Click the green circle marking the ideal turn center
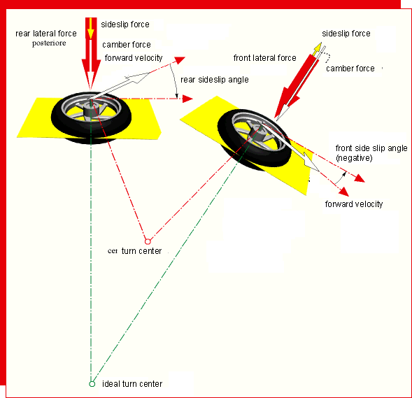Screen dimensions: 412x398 coord(92,384)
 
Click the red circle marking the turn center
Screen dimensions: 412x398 coord(148,241)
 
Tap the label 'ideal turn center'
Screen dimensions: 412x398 coord(132,384)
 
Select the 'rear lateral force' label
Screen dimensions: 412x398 coord(46,34)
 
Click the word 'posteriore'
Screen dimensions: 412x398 coord(49,43)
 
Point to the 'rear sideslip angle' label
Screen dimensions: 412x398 coord(215,80)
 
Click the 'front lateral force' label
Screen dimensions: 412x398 coord(265,58)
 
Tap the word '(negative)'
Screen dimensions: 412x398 coord(354,158)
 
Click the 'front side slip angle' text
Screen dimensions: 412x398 coord(371,148)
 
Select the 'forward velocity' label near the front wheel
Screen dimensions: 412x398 coord(354,204)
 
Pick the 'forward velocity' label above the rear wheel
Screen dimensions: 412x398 coord(134,58)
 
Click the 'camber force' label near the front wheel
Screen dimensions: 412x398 coord(350,69)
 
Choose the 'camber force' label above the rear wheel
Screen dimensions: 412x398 coord(127,45)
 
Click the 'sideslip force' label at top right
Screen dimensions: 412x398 coord(346,34)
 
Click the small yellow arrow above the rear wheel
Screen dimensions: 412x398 coord(90,29)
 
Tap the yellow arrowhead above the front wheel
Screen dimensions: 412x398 coord(317,48)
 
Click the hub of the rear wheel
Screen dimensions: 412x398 coord(91,110)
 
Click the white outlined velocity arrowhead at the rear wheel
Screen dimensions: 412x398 coord(136,78)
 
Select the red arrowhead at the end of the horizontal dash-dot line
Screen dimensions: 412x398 coord(187,99)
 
